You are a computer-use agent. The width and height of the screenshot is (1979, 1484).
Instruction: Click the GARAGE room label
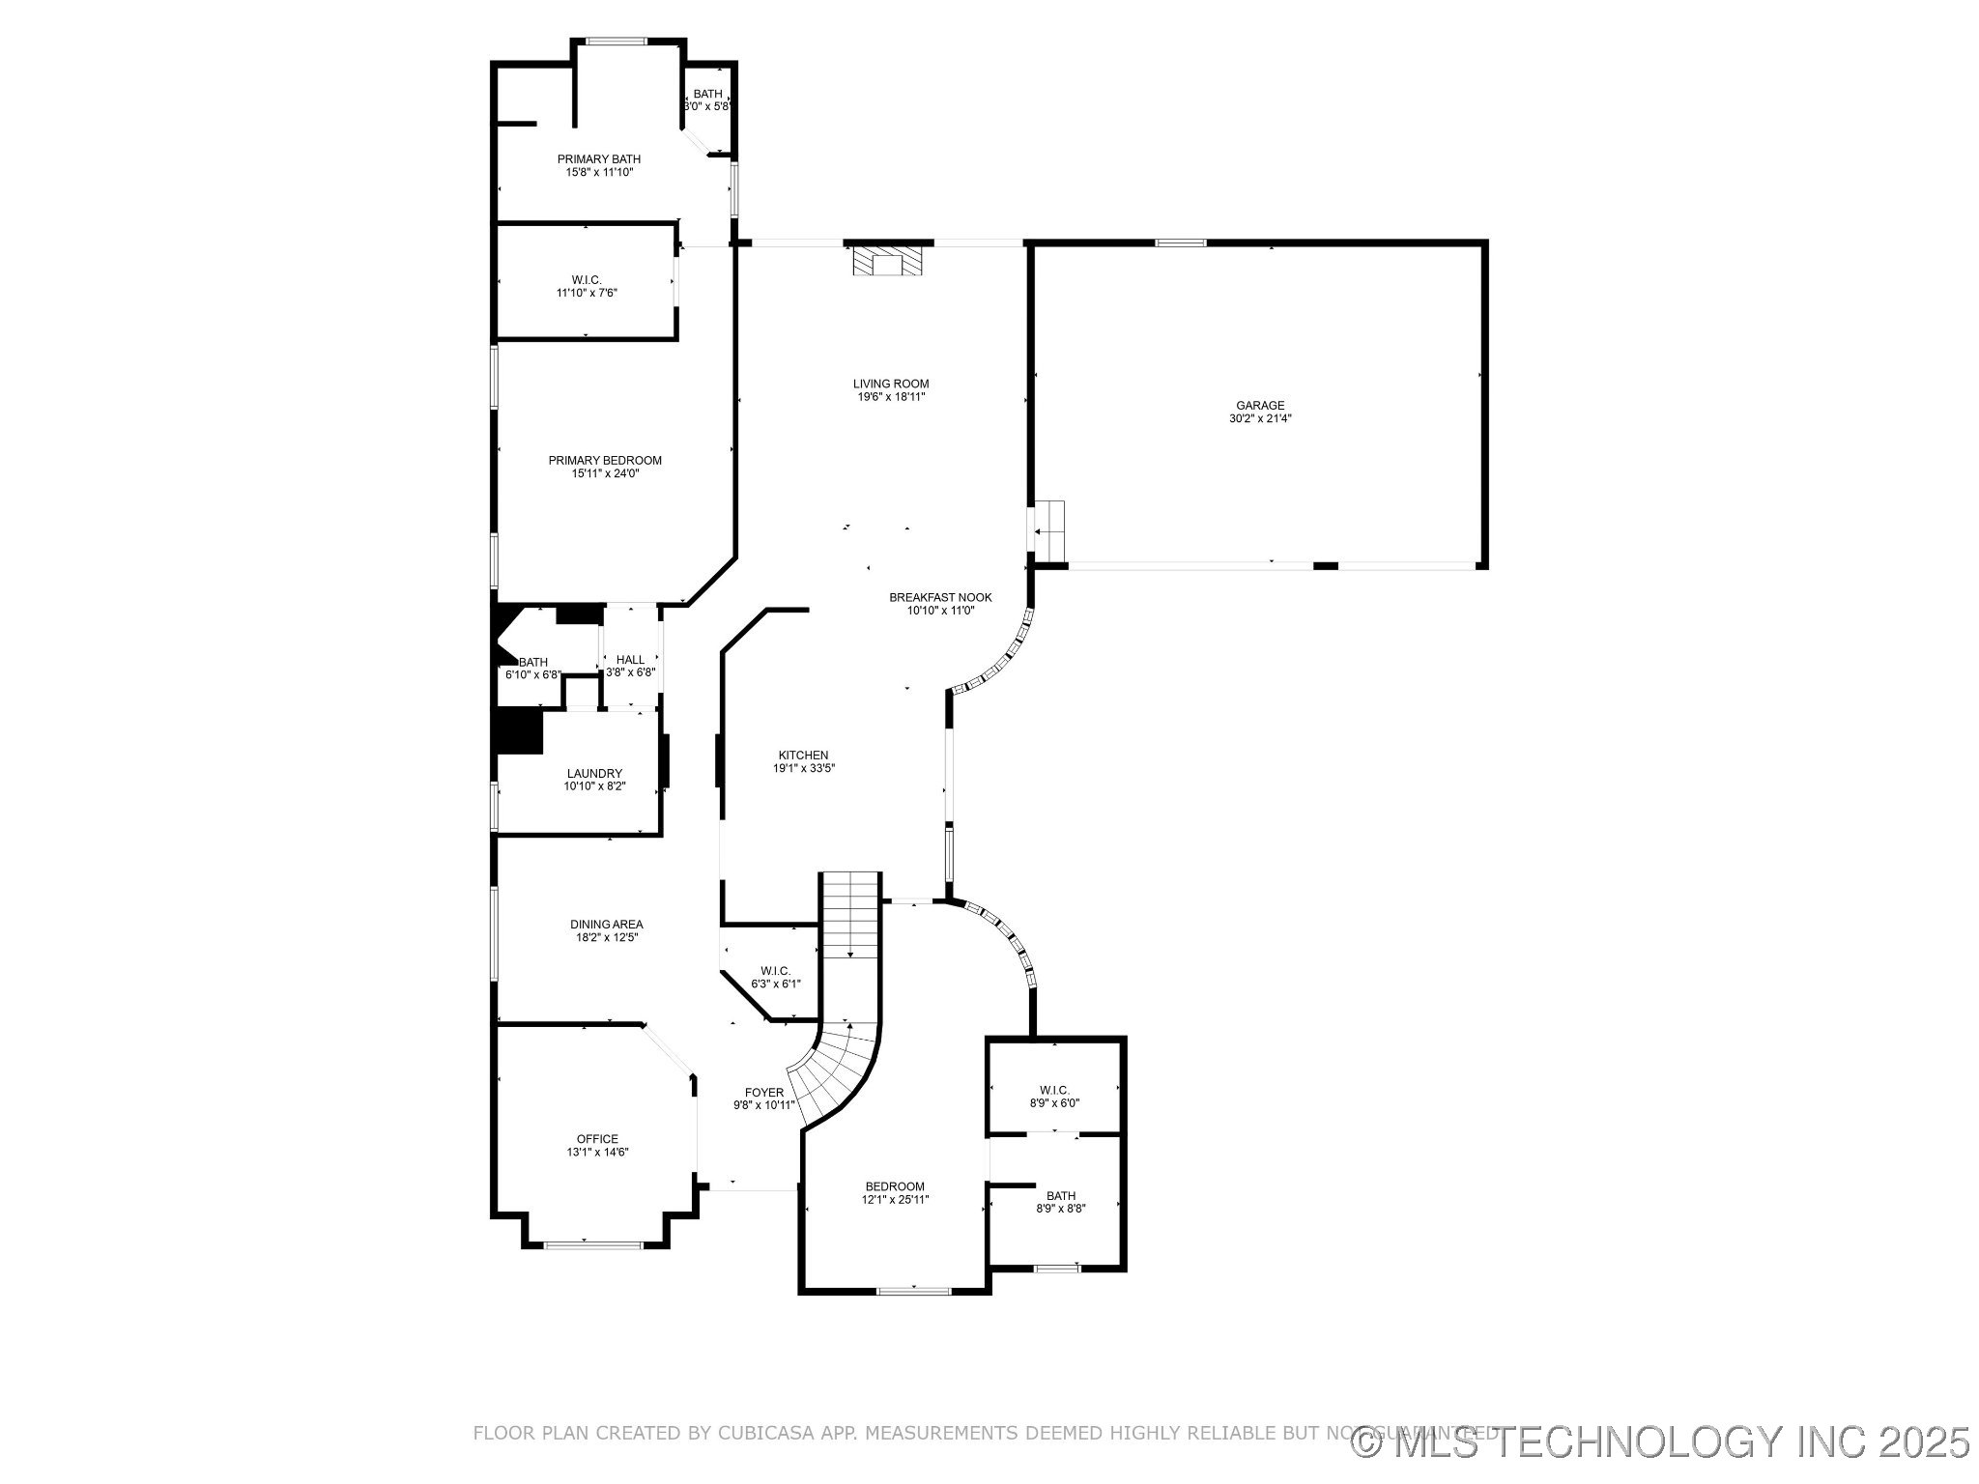1260,406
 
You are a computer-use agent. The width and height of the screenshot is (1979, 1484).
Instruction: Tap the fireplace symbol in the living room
887,261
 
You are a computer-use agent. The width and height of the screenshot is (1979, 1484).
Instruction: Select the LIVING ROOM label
891,384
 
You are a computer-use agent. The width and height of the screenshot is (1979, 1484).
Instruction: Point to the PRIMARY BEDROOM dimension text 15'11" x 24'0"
605,473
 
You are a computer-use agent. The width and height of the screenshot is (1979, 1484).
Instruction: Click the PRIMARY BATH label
598,159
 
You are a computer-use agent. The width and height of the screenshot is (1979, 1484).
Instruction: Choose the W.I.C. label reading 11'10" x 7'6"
586,293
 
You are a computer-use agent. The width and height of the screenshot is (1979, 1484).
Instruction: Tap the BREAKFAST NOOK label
940,597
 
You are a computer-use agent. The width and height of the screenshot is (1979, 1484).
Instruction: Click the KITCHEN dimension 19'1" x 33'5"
803,769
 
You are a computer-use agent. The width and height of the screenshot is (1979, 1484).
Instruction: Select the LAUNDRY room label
594,773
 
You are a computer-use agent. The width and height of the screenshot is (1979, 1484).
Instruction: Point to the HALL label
630,660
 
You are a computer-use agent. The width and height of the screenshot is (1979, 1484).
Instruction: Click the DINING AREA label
606,925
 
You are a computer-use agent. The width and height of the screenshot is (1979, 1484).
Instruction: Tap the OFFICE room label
597,1139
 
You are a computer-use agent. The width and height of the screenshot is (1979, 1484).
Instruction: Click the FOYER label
763,1093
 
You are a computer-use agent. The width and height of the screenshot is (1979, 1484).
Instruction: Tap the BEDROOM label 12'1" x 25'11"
894,1186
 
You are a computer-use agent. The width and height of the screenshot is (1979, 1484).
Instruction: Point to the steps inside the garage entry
1048,530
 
